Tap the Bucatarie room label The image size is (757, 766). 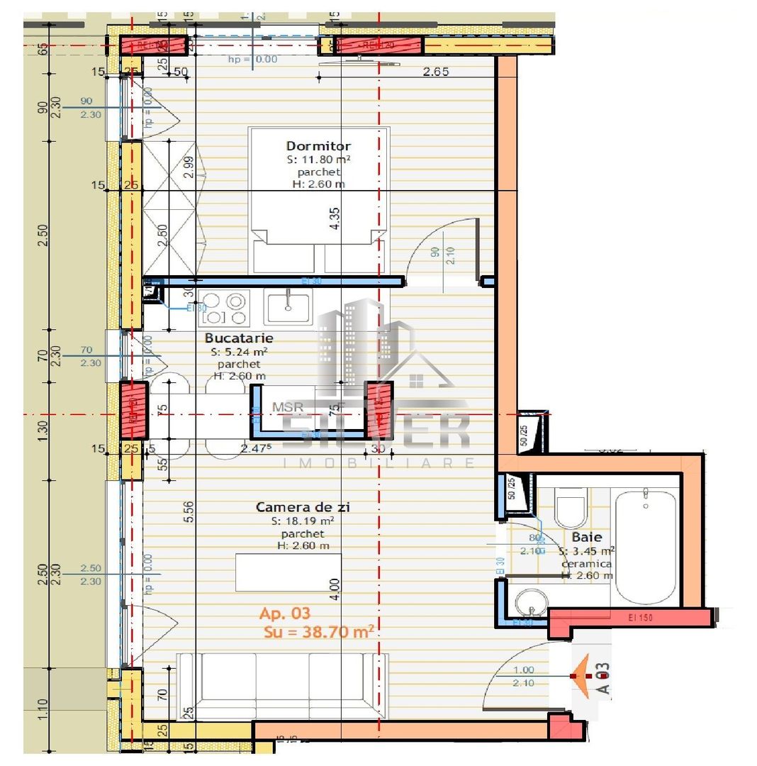point(239,338)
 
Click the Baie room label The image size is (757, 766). point(586,538)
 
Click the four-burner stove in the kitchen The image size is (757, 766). point(223,307)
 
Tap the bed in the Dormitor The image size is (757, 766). point(318,199)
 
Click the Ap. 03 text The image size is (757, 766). point(285,613)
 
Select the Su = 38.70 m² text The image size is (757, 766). point(319,631)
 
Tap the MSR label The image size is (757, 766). point(288,407)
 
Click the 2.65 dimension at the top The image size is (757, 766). point(437,71)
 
